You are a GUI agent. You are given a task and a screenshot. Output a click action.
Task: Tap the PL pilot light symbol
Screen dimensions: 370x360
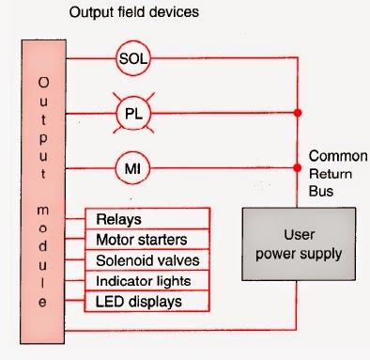click(133, 113)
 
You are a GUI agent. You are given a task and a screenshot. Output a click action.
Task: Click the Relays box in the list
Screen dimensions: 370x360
click(147, 219)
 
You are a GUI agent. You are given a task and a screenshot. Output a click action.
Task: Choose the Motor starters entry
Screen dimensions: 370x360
click(147, 240)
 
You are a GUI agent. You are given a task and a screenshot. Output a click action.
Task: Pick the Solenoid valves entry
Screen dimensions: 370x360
click(147, 260)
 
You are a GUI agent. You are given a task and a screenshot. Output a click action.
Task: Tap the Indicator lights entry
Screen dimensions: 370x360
click(147, 281)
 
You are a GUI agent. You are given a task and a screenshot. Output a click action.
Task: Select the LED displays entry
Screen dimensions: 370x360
click(147, 301)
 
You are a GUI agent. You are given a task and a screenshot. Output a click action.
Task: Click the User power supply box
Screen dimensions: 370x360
click(299, 243)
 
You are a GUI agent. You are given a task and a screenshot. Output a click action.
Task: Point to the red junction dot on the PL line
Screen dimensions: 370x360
click(298, 113)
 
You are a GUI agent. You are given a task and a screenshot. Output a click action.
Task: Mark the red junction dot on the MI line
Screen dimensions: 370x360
click(298, 168)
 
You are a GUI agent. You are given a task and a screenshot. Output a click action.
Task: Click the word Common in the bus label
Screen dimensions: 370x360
click(338, 156)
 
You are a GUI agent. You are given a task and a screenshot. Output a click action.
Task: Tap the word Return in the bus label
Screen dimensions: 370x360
click(331, 174)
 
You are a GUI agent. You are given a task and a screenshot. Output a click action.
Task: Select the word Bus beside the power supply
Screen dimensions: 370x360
click(321, 191)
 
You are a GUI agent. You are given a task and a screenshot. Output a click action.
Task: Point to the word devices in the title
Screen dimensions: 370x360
click(174, 12)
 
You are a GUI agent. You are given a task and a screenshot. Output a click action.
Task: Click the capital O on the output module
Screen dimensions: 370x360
click(43, 83)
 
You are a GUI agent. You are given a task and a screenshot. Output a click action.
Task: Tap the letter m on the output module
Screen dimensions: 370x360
click(43, 210)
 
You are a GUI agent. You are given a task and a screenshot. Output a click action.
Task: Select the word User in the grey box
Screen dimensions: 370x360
click(300, 235)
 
